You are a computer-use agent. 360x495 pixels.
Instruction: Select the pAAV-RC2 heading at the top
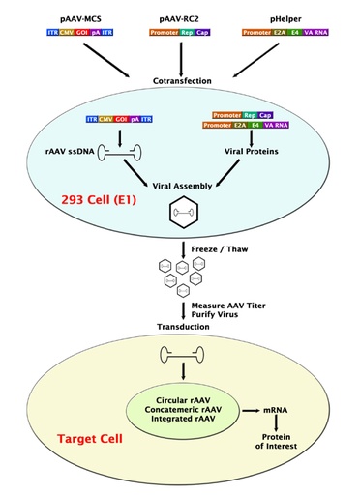(180, 16)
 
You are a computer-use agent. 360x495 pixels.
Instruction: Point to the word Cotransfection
(180, 80)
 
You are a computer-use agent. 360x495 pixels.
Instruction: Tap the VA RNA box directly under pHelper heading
(327, 32)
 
